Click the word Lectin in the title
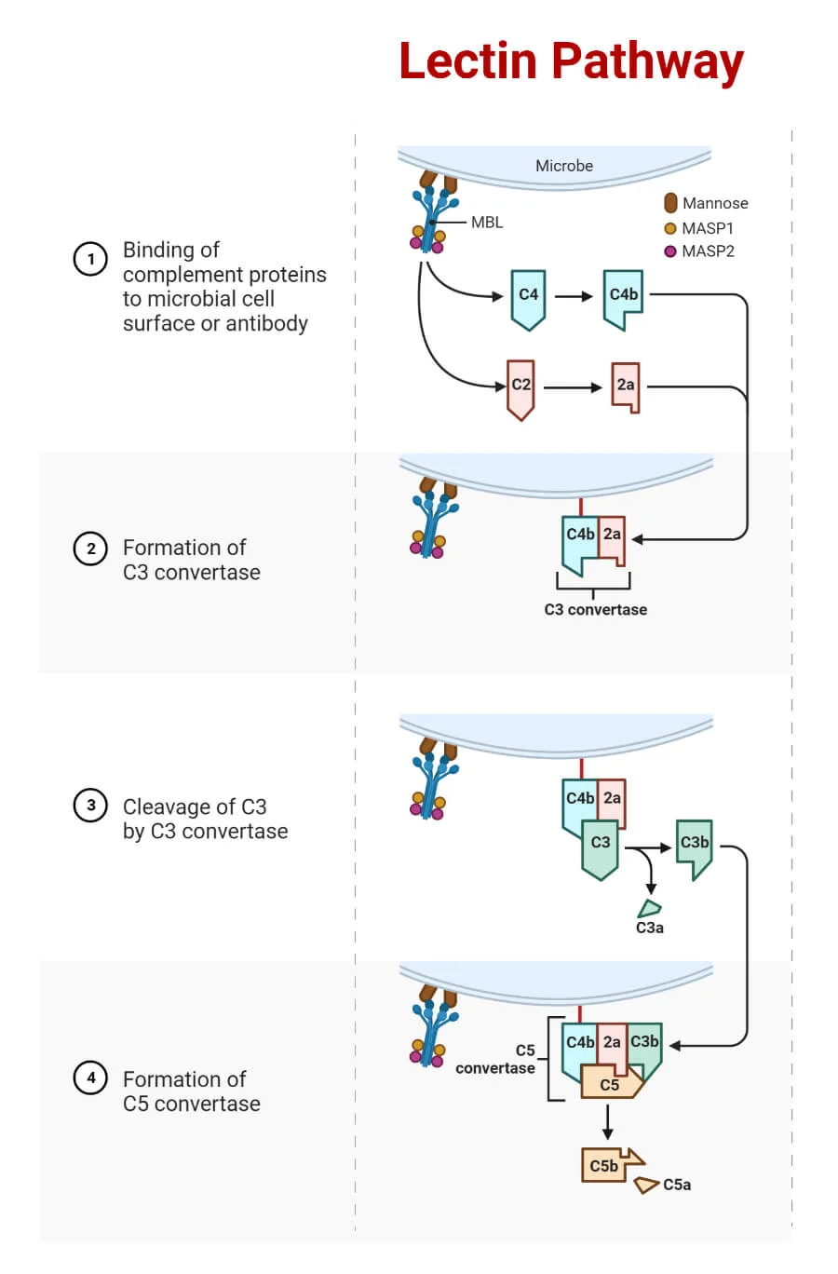click(x=468, y=61)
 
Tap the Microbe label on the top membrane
click(x=564, y=166)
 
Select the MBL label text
click(x=487, y=223)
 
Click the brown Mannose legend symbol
click(x=670, y=203)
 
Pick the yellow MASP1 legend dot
click(x=670, y=229)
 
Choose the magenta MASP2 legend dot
click(x=670, y=251)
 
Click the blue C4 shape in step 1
click(x=528, y=300)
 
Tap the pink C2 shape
click(x=520, y=389)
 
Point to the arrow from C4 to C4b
click(x=574, y=296)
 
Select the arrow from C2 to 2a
click(x=573, y=388)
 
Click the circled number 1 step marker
click(x=90, y=259)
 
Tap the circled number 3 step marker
click(x=90, y=806)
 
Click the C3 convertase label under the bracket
click(x=595, y=610)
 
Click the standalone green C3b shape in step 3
click(x=695, y=848)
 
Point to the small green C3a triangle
click(x=650, y=908)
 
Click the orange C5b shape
click(x=610, y=1165)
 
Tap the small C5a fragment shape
click(x=646, y=1185)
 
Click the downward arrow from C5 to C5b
click(x=607, y=1122)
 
